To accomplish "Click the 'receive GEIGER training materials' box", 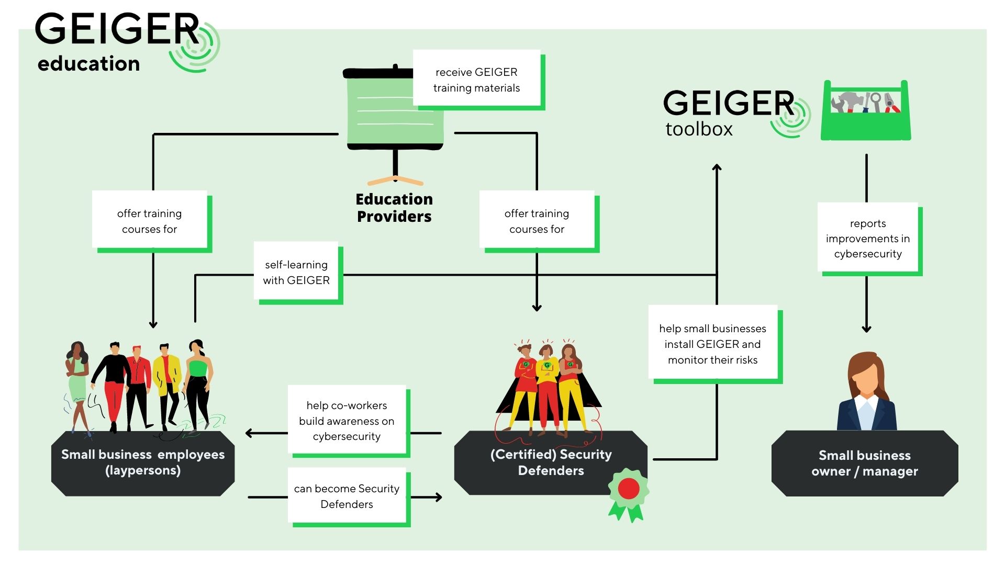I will (476, 80).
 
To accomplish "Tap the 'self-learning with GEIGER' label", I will (296, 272).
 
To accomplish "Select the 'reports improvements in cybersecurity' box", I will (868, 239).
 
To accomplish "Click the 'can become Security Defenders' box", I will (347, 496).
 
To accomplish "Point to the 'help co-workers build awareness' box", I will (347, 421).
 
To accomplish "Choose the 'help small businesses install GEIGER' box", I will (712, 344).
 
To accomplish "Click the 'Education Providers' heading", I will (394, 208).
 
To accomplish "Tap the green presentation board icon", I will (395, 112).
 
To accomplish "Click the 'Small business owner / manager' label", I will (864, 463).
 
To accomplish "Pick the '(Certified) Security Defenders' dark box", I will (551, 462).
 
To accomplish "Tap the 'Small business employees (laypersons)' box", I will (143, 462).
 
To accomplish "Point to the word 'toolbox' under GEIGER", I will (699, 129).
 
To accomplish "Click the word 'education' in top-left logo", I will (89, 64).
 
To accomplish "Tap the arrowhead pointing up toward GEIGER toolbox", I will (717, 167).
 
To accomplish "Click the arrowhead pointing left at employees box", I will (250, 433).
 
